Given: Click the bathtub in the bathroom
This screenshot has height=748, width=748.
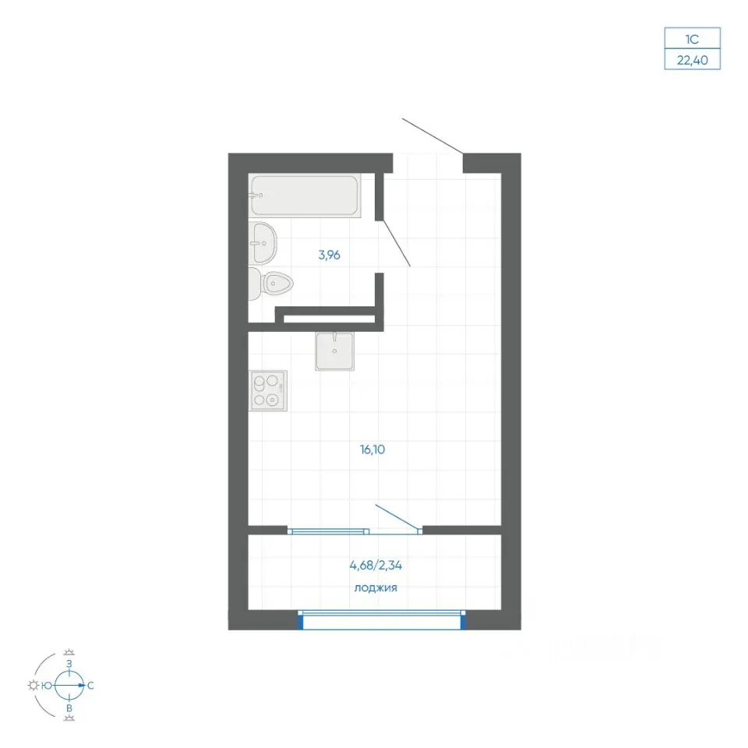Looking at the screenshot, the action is point(305,196).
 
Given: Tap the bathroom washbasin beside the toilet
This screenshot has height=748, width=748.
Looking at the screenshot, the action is point(263,243).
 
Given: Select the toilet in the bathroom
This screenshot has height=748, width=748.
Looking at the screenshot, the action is point(270,284).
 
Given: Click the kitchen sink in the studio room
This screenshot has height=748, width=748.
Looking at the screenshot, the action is point(334,351).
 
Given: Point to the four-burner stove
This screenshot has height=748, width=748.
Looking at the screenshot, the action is point(268,390).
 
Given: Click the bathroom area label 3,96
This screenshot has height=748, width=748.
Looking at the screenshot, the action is point(329,256).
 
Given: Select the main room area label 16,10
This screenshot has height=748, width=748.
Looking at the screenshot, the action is point(372,450).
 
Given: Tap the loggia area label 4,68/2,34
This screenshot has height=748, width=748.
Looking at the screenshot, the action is point(376,566).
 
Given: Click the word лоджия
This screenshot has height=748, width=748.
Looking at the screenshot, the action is point(376,587).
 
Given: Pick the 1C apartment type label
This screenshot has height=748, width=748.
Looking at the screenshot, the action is point(692,39).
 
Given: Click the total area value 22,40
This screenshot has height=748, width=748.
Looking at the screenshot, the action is point(692,60).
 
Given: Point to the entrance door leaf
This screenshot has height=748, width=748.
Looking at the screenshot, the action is point(432,136).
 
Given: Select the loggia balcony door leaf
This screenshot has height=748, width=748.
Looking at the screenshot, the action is point(398,517).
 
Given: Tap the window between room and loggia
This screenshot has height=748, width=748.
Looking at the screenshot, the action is point(328,531).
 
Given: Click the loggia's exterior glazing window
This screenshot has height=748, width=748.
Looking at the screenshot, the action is point(382,619).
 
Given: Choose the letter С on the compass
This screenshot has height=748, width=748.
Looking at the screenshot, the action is point(90,686).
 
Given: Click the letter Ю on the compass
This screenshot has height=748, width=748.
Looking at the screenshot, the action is point(47,686).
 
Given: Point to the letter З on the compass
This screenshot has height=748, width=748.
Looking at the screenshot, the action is point(69,664).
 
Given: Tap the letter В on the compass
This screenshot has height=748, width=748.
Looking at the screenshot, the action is point(69,708).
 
